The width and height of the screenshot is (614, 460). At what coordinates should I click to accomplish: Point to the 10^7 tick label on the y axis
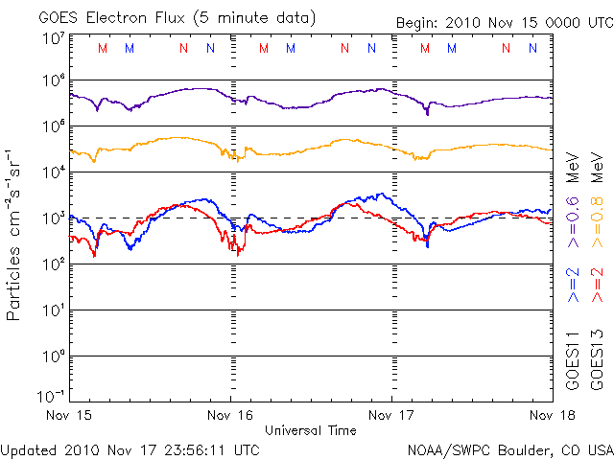tap(53, 37)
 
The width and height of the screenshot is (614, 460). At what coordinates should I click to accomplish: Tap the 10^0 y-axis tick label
tap(53, 356)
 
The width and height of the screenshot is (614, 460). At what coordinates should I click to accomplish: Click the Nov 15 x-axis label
tap(68, 415)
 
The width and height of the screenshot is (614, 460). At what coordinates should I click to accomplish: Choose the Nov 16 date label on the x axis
tap(230, 415)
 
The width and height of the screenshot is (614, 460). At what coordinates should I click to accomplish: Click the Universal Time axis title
tap(311, 430)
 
